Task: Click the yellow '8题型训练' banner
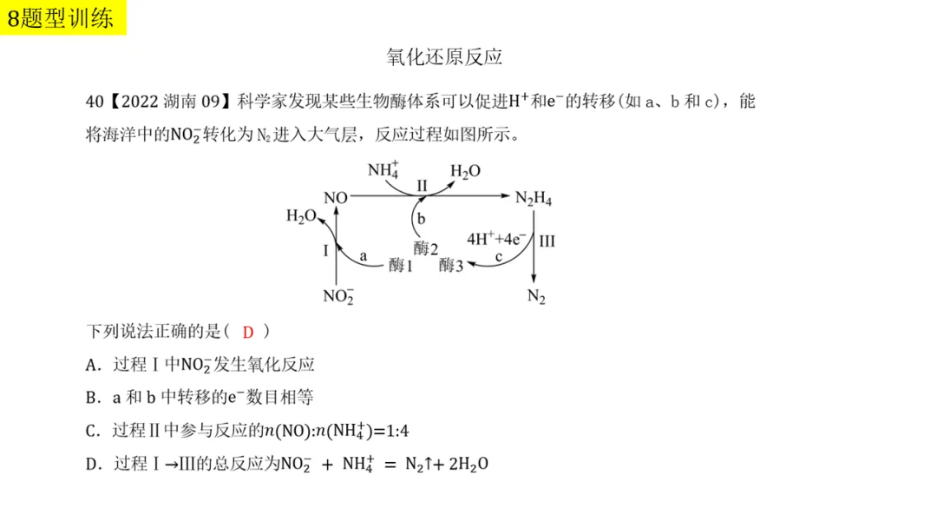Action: click(63, 17)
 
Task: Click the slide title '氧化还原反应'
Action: click(444, 57)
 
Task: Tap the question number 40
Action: click(95, 102)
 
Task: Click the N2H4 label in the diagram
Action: click(534, 199)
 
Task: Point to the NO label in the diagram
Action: click(336, 198)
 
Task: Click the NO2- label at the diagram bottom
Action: click(337, 296)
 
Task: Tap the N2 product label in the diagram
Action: click(536, 297)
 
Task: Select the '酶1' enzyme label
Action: click(401, 266)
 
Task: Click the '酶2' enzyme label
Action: click(425, 248)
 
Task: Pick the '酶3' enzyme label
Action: click(451, 266)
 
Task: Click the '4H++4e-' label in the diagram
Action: click(498, 238)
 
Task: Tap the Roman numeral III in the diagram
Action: click(547, 241)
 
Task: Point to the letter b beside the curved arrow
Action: click(421, 220)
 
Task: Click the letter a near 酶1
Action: click(364, 256)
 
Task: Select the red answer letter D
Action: click(248, 332)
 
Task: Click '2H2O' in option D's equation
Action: click(468, 464)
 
